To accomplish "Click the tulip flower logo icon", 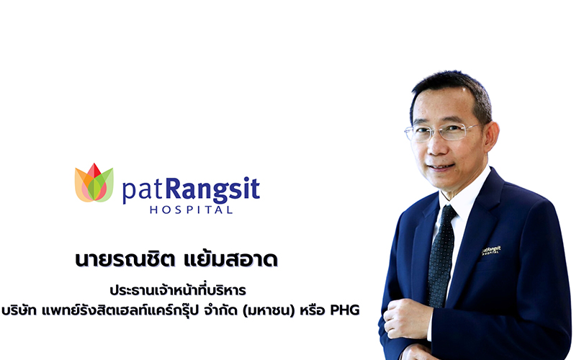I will coord(94,184).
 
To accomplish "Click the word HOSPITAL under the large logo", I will coord(191,210).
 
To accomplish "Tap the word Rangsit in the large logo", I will coord(212,189).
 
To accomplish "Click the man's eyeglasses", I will coord(441,132).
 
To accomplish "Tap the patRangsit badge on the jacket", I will coord(491,250).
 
